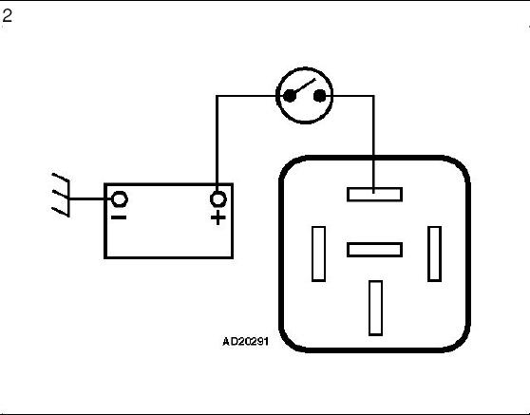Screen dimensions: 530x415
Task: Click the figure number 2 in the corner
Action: click(7, 16)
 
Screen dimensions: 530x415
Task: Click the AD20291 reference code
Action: click(245, 341)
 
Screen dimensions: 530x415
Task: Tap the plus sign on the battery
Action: click(218, 217)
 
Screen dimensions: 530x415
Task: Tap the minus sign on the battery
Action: click(119, 217)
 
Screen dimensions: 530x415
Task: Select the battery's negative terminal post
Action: click(120, 198)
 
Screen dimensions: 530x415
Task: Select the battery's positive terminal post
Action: click(218, 198)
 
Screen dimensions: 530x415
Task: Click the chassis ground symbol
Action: click(61, 195)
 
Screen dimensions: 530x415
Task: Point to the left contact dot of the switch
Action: click(290, 96)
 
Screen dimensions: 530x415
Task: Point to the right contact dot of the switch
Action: click(319, 96)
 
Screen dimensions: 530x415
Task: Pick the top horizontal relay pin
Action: click(374, 195)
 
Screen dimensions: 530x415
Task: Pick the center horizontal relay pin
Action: click(374, 250)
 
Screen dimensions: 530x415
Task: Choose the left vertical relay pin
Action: click(318, 254)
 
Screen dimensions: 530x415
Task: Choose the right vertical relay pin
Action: click(434, 254)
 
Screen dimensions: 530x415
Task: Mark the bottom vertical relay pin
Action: click(375, 309)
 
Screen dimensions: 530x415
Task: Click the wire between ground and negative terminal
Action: click(90, 198)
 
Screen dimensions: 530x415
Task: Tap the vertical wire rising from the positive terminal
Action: click(217, 144)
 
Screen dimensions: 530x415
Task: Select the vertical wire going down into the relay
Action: click(373, 144)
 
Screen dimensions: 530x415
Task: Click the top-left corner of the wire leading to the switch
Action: click(217, 96)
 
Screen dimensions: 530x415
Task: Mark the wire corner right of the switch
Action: click(373, 96)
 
